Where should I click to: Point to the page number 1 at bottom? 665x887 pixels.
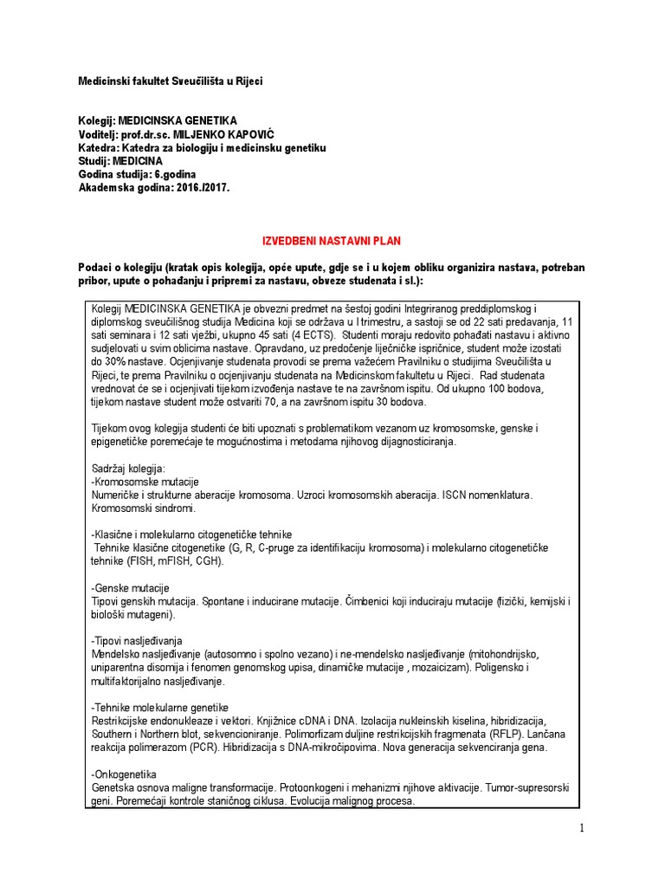[x=583, y=829]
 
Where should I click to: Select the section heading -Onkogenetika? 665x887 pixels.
[x=125, y=773]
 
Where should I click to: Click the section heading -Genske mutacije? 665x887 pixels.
[x=130, y=587]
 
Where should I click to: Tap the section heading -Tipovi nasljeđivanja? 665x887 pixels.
[x=137, y=640]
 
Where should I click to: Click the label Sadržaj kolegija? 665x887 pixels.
[x=128, y=469]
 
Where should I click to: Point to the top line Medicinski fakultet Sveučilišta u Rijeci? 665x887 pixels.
[x=171, y=81]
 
